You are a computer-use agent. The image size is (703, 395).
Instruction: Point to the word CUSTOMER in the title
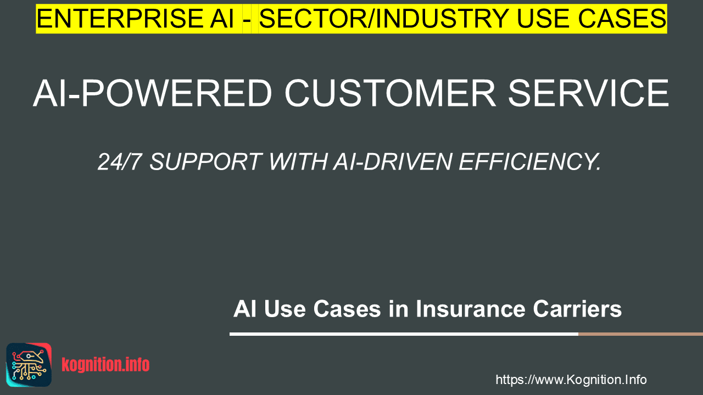pyautogui.click(x=390, y=93)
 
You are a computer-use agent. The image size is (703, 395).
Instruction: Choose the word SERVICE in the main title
pyautogui.click(x=588, y=93)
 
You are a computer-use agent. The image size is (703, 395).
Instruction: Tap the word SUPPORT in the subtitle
pyautogui.click(x=206, y=162)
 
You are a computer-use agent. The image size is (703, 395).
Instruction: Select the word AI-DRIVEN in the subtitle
pyautogui.click(x=392, y=162)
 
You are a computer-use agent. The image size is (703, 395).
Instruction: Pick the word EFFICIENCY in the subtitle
pyautogui.click(x=530, y=162)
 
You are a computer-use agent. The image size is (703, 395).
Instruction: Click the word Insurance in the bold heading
pyautogui.click(x=471, y=309)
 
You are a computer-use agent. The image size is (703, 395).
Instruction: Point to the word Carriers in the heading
pyautogui.click(x=577, y=309)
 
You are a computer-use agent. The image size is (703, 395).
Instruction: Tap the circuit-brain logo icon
pyautogui.click(x=29, y=365)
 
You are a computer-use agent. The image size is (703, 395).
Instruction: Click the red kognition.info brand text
pyautogui.click(x=105, y=365)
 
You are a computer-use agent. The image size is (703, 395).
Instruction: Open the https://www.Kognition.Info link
pyautogui.click(x=571, y=380)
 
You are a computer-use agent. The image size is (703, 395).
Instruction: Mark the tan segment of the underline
pyautogui.click(x=640, y=334)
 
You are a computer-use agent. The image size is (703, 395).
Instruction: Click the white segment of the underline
pyautogui.click(x=404, y=334)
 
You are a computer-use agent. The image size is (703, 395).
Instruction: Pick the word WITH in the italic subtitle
pyautogui.click(x=298, y=162)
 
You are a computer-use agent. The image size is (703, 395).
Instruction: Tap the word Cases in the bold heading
pyautogui.click(x=347, y=309)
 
